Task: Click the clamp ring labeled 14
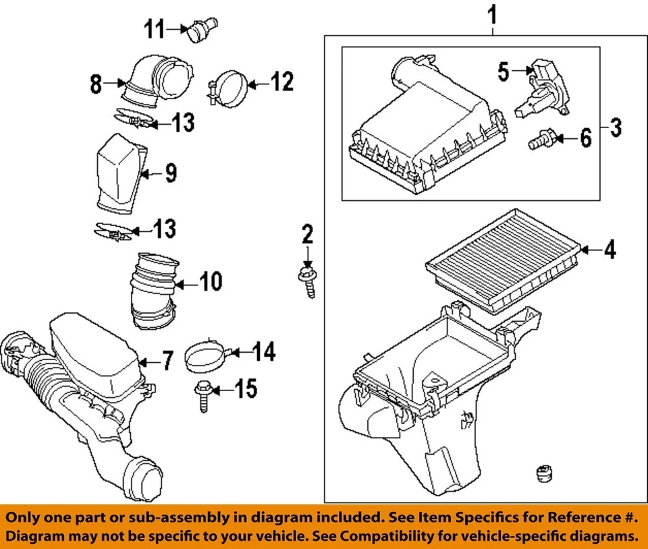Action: [x=207, y=355]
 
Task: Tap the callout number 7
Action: [x=166, y=361]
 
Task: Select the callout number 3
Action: [x=616, y=126]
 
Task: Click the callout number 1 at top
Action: [x=494, y=14]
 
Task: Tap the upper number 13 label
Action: [x=182, y=123]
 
